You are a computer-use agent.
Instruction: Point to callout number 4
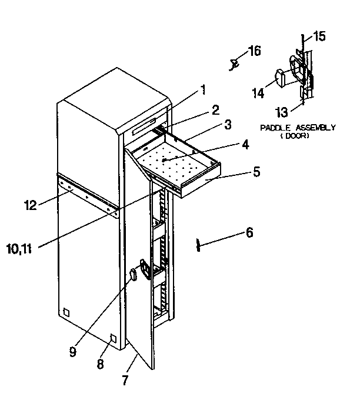[x=244, y=144]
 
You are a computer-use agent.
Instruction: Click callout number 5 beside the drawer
[x=256, y=172]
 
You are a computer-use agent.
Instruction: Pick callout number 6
[x=249, y=234]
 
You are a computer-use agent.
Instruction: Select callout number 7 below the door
[x=125, y=379]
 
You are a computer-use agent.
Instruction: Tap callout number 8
[x=100, y=364]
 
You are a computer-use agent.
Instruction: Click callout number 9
[x=72, y=352]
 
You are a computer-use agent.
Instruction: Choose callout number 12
[x=30, y=205]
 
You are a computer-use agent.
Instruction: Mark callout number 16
[x=254, y=51]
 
